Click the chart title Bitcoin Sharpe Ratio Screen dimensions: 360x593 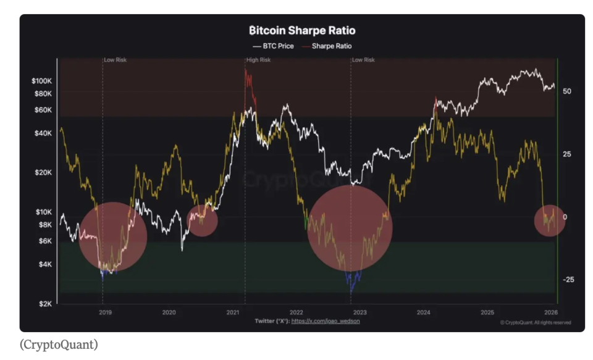pos(302,30)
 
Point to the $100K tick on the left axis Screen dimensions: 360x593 pos(41,81)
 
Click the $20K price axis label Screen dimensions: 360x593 pos(44,172)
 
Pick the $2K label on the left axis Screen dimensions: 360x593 pos(46,304)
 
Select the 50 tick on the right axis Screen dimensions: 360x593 pos(566,91)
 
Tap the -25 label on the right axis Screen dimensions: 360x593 pos(568,280)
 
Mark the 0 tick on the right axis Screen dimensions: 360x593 pos(565,217)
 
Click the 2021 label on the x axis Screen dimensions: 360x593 pos(232,312)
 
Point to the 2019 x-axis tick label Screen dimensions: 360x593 pos(105,312)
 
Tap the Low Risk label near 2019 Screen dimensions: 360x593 pos(115,60)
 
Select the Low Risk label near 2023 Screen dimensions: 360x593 pos(363,60)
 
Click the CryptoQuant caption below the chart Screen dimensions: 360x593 pos(59,345)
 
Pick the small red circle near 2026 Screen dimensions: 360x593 pos(549,219)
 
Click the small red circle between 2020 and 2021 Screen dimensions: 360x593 pos(202,220)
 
